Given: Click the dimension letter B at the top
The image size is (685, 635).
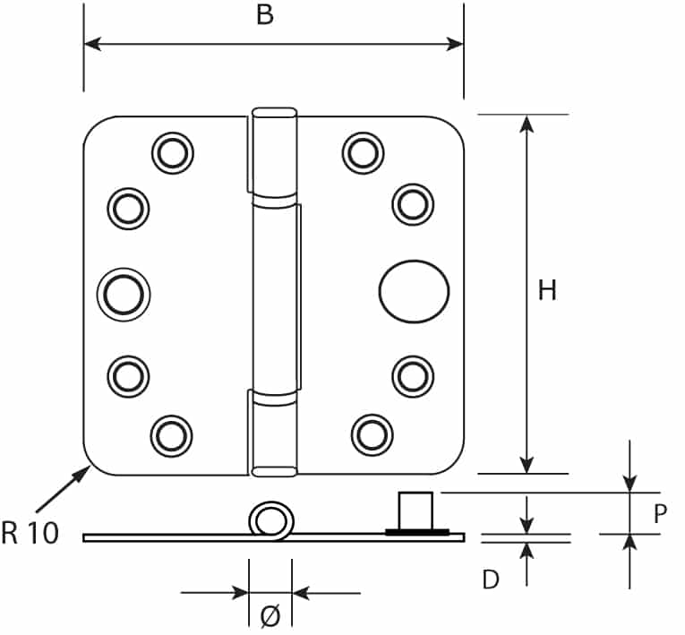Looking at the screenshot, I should point(264,16).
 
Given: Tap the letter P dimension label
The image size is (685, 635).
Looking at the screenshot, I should point(661,513).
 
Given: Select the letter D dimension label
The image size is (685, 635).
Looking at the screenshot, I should point(490,579).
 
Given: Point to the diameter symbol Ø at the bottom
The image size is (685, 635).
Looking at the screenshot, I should point(270,615).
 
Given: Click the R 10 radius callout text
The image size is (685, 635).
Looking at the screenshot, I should point(30,533).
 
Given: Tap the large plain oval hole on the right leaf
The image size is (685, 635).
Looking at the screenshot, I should point(413,293).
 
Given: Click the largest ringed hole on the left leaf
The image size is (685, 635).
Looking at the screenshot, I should point(124,293).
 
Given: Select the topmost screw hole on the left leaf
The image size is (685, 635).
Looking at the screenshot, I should point(172,152).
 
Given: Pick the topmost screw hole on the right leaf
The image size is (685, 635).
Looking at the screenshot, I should point(363,152).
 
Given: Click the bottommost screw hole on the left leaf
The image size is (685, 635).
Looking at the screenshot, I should point(171,434).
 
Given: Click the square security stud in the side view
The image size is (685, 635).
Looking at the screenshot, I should point(416,511).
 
